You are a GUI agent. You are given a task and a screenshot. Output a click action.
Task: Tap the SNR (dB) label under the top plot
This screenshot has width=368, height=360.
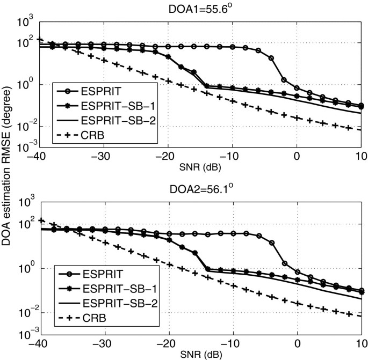200,165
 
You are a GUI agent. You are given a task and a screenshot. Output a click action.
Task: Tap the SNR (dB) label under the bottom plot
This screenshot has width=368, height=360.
200,355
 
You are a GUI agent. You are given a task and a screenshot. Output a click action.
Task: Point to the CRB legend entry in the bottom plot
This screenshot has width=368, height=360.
92,319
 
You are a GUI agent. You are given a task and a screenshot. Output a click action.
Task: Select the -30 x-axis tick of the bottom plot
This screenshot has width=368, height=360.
103,344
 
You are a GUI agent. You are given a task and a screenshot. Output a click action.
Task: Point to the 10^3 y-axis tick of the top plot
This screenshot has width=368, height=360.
25,23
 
